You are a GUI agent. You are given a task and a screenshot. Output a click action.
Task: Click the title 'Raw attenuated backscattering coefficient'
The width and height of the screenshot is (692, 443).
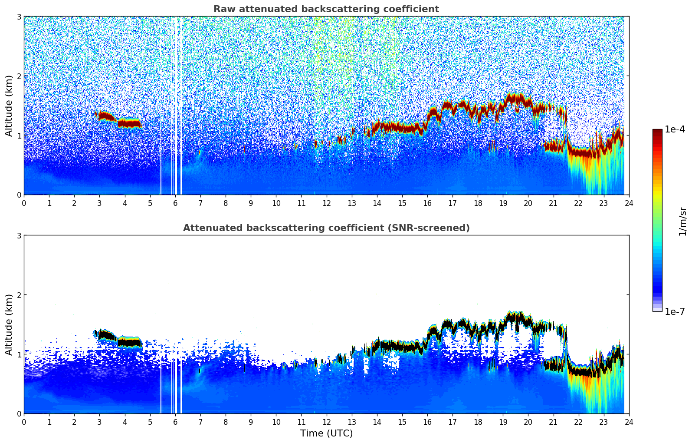(x=326, y=9)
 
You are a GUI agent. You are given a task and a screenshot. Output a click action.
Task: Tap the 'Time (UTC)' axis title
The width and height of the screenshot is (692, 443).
(x=326, y=433)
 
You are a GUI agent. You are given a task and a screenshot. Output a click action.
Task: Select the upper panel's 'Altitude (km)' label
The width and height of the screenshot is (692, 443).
(x=9, y=106)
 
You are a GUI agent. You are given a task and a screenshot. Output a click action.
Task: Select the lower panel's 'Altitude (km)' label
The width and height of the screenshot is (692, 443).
(x=9, y=324)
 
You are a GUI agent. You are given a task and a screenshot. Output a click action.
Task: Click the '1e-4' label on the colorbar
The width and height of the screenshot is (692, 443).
(x=675, y=129)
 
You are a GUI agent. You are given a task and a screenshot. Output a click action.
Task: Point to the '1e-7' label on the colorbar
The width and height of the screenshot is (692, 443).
(x=675, y=311)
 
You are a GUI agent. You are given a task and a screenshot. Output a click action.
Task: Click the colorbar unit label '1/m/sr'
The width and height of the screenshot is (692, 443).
(x=682, y=221)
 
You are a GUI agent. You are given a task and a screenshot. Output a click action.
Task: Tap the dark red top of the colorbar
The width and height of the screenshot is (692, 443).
(x=657, y=132)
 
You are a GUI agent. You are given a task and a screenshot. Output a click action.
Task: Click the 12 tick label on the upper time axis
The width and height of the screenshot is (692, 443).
(x=326, y=203)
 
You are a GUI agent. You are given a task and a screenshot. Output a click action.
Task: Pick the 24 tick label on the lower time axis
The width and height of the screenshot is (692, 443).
(x=629, y=422)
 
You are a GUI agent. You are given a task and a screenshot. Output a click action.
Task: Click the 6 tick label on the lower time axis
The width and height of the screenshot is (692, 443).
(x=175, y=422)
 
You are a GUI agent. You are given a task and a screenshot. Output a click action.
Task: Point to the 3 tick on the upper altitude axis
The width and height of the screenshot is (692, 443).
(x=19, y=17)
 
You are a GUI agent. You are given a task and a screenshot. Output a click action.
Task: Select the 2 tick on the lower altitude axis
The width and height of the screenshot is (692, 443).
(x=19, y=295)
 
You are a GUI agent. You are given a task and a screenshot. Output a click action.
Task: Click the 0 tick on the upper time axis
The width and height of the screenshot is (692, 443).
(x=24, y=203)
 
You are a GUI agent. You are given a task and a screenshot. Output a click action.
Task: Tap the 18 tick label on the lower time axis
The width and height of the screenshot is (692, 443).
(x=478, y=422)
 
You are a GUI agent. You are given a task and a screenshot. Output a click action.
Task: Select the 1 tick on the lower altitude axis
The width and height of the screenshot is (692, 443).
(x=19, y=354)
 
